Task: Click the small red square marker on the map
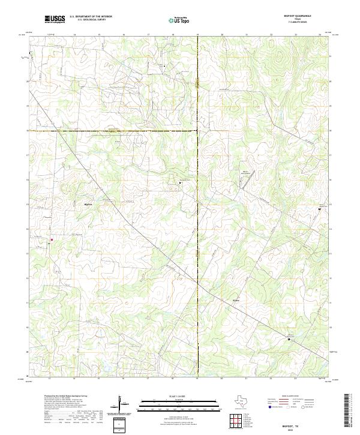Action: pyautogui.click(x=52, y=240)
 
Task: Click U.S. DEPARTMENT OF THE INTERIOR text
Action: pyautogui.click(x=91, y=17)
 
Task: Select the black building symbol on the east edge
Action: pyautogui.click(x=320, y=209)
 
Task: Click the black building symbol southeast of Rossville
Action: pyautogui.click(x=289, y=339)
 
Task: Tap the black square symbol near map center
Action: pyautogui.click(x=179, y=182)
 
